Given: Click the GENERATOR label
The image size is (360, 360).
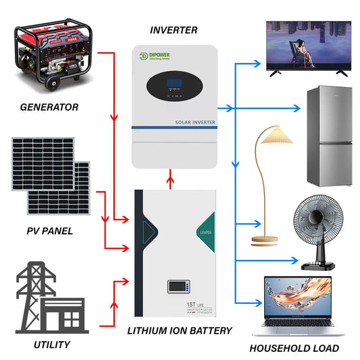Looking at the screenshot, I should point(49,107).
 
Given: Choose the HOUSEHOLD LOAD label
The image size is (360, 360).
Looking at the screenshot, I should point(294,349).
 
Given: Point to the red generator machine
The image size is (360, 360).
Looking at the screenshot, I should point(51,59).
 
